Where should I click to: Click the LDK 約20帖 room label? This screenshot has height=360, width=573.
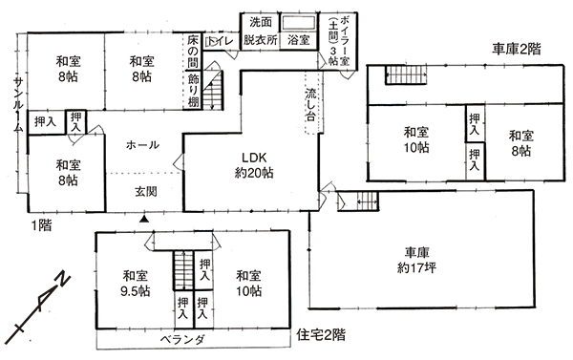click(x=254, y=165)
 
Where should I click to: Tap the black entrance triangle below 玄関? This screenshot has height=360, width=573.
click(x=145, y=220)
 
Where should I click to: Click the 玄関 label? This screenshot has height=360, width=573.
click(x=146, y=192)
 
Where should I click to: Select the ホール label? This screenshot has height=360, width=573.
click(x=142, y=145)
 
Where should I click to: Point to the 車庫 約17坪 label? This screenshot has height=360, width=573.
click(x=416, y=261)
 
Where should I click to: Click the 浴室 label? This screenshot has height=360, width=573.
click(x=299, y=40)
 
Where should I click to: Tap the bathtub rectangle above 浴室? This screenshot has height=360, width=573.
click(x=299, y=23)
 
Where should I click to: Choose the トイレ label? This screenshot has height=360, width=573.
click(x=223, y=41)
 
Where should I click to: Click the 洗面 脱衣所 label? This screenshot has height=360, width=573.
click(x=260, y=31)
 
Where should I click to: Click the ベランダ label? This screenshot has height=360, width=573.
click(x=182, y=340)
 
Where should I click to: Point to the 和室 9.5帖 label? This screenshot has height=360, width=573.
click(x=136, y=284)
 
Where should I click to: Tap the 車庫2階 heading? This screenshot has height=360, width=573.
click(x=517, y=49)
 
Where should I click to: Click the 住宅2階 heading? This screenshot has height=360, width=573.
click(x=321, y=334)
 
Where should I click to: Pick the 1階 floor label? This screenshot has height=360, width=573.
click(x=41, y=225)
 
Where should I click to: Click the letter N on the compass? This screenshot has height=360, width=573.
click(x=63, y=280)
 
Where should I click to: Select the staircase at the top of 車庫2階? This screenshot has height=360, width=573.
click(x=407, y=74)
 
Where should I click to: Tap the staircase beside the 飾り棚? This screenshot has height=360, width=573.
click(x=213, y=90)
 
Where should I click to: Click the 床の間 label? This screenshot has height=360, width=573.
click(x=193, y=52)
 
